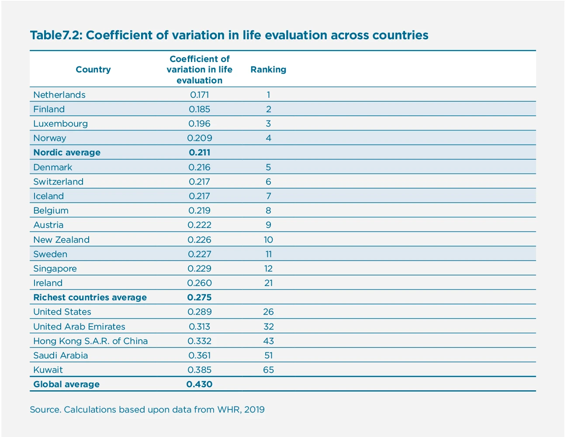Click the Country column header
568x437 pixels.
tap(93, 69)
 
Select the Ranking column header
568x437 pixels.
tap(268, 69)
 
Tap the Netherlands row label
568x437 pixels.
tap(59, 95)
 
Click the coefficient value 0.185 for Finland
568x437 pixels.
tap(199, 109)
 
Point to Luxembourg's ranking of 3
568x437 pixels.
tap(268, 124)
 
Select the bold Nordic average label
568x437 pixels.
tap(67, 152)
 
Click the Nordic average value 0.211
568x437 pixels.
tap(199, 152)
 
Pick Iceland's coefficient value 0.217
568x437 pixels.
tap(199, 196)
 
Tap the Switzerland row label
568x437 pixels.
tap(58, 182)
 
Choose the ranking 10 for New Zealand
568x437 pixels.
tap(268, 240)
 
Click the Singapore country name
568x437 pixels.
tap(55, 268)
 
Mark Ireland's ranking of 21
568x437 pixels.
tap(268, 283)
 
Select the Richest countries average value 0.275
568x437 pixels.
tap(199, 297)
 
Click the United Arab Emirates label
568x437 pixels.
tap(79, 327)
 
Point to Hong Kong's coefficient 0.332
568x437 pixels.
tap(199, 341)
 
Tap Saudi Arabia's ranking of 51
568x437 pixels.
tap(268, 355)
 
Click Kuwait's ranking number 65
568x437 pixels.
tap(268, 370)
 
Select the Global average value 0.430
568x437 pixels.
tap(199, 384)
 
